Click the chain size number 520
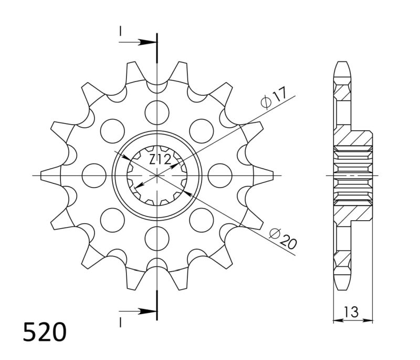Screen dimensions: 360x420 click(45, 332)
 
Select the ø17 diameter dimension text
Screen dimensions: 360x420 click(274, 99)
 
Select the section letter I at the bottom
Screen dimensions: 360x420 click(120, 320)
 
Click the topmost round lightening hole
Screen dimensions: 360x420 click(157, 111)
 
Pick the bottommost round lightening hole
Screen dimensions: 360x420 click(157, 239)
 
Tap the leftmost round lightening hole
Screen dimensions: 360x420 click(93, 175)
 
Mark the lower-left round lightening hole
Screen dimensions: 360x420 click(112, 220)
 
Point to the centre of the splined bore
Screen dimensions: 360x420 click(157, 175)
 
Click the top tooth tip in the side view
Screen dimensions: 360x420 click(341, 66)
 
